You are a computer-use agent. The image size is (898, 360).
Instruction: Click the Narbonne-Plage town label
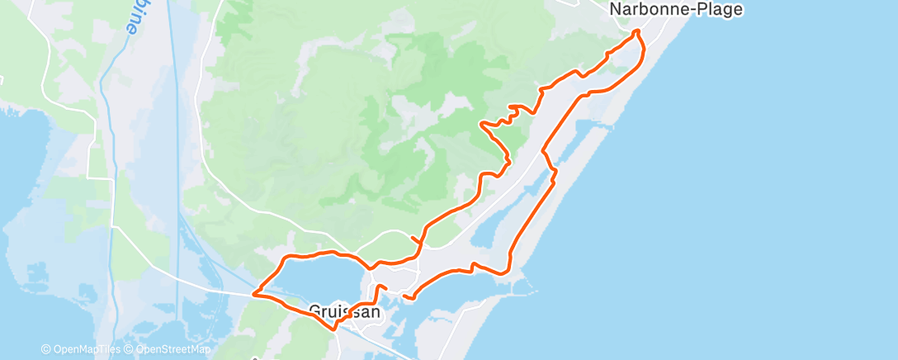pyautogui.click(x=676, y=10)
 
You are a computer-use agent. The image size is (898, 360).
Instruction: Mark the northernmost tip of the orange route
pyautogui.click(x=636, y=31)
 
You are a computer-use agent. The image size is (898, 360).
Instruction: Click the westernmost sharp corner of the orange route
pyautogui.click(x=254, y=293)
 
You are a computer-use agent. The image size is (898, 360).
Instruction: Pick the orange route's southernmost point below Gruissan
pyautogui.click(x=334, y=329)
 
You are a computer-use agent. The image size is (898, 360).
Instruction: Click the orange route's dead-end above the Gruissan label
pyautogui.click(x=385, y=287)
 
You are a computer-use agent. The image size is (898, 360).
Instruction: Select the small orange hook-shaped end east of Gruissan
pyautogui.click(x=404, y=295)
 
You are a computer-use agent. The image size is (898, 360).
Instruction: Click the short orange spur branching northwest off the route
pyautogui.click(x=412, y=239)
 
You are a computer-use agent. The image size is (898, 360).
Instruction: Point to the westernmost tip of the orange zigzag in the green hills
pyautogui.click(x=481, y=124)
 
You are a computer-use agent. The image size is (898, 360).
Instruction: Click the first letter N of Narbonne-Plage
pyautogui.click(x=615, y=10)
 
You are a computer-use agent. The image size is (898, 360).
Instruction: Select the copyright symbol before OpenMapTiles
pyautogui.click(x=45, y=350)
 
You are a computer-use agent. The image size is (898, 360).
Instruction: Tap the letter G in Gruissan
pyautogui.click(x=314, y=312)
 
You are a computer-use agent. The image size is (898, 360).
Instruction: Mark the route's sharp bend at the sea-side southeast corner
pyautogui.click(x=510, y=269)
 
